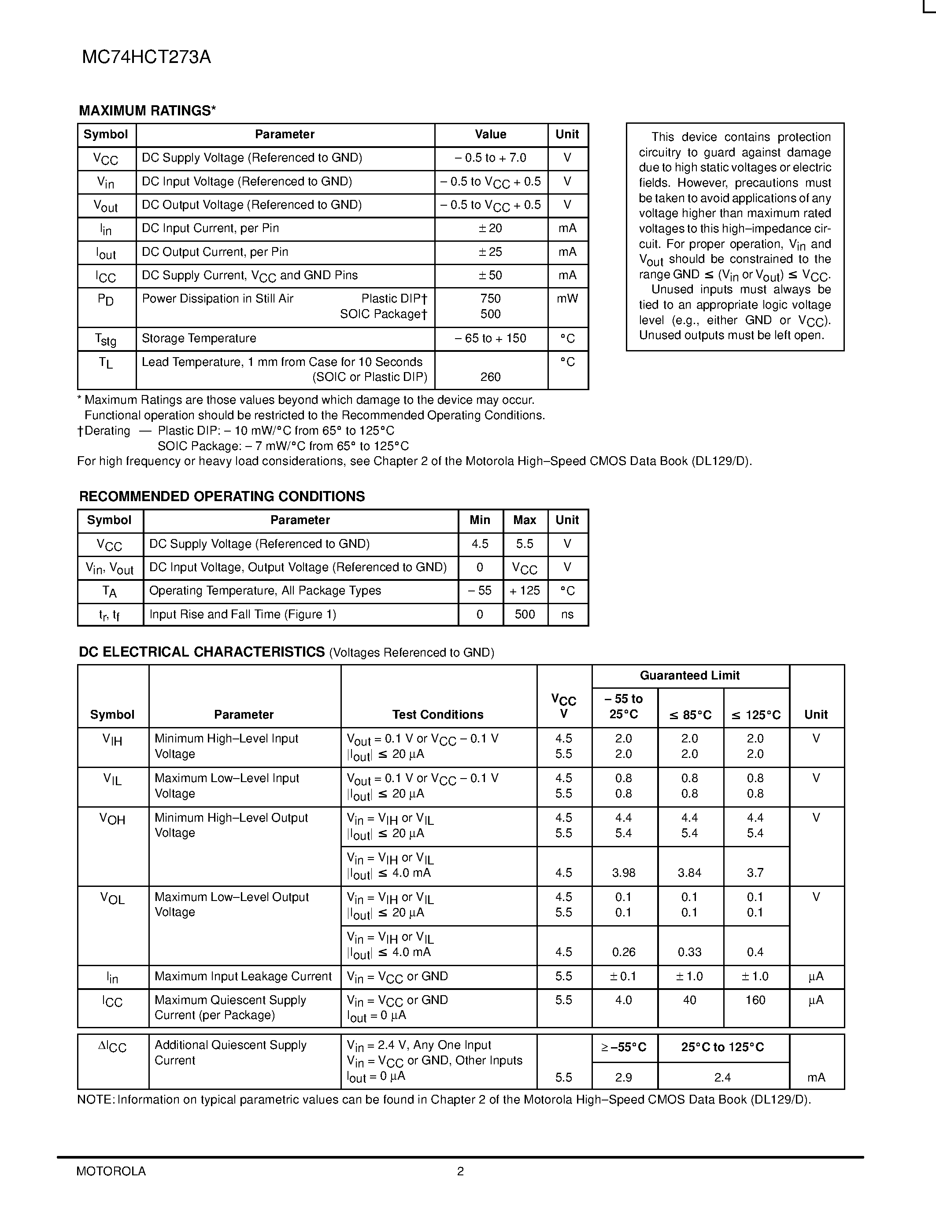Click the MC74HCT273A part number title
(146, 58)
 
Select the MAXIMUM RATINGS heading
(147, 111)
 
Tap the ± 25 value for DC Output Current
(490, 252)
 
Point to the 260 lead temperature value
(490, 377)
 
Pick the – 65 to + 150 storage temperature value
(490, 338)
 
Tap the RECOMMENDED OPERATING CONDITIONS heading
(222, 496)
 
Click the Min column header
(480, 520)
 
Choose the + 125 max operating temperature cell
(525, 591)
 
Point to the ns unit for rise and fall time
(567, 614)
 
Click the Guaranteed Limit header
(689, 676)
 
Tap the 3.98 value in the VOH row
(624, 873)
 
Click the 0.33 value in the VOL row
(689, 952)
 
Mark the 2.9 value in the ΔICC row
(624, 1078)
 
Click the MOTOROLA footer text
(111, 1171)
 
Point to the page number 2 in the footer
(460, 1171)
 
